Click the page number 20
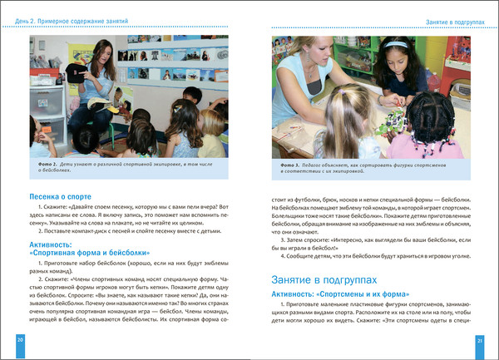20,341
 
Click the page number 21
479,341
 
